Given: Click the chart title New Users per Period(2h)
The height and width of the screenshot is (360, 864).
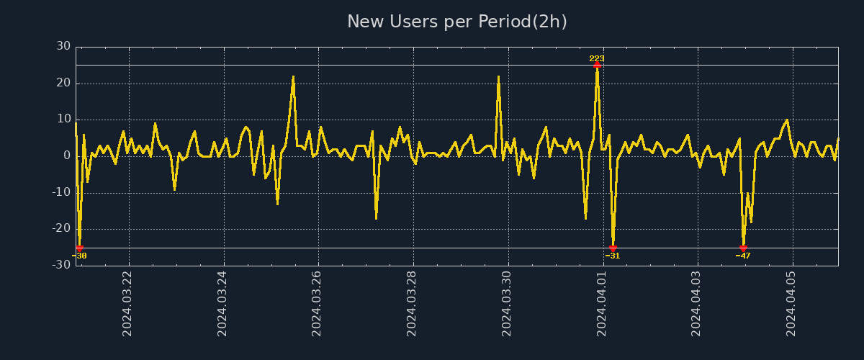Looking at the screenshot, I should pyautogui.click(x=457, y=22).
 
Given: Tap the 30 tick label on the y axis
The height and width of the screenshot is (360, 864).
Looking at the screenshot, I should pyautogui.click(x=63, y=47).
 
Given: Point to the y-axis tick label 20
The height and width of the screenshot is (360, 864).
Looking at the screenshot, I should pyautogui.click(x=63, y=83).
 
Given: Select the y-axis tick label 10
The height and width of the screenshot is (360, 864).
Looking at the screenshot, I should pyautogui.click(x=63, y=120).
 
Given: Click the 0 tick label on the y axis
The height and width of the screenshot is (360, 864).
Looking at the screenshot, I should pyautogui.click(x=67, y=156).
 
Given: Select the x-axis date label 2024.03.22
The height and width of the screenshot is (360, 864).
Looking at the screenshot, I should pyautogui.click(x=128, y=303).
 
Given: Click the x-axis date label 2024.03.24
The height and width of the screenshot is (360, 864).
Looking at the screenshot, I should pyautogui.click(x=223, y=303).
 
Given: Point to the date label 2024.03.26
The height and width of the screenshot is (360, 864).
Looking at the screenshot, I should pyautogui.click(x=318, y=303).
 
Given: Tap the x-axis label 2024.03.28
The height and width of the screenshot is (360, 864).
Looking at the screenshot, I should pyautogui.click(x=413, y=303).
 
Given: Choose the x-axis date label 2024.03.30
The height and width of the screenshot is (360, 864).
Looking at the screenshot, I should pyautogui.click(x=508, y=303).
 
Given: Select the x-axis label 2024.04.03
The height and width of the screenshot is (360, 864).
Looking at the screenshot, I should pyautogui.click(x=697, y=303).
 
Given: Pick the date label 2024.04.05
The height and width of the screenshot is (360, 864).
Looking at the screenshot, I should pyautogui.click(x=792, y=303).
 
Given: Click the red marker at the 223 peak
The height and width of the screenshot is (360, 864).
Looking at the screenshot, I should pyautogui.click(x=597, y=65).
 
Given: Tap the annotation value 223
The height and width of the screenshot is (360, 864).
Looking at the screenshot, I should pyautogui.click(x=597, y=58).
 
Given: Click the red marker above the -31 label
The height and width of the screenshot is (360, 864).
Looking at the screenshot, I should pyautogui.click(x=613, y=248).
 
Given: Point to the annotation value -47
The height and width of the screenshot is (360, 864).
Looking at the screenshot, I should pyautogui.click(x=743, y=256).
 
